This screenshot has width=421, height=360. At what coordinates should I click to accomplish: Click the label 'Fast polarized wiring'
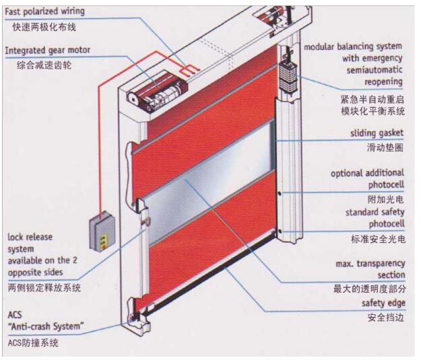(x=45, y=11)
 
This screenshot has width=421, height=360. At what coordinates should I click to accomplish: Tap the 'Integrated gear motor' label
(x=47, y=50)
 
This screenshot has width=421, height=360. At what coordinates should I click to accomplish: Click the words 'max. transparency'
(x=370, y=262)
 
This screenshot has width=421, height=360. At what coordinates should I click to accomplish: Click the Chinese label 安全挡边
(x=385, y=317)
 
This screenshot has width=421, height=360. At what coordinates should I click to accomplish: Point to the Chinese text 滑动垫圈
(x=385, y=147)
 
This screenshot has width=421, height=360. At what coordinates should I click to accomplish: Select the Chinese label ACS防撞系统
(x=33, y=343)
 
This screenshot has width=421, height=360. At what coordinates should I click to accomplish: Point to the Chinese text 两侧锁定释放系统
(x=44, y=287)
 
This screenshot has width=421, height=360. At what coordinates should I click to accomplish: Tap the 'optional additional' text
(x=367, y=173)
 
